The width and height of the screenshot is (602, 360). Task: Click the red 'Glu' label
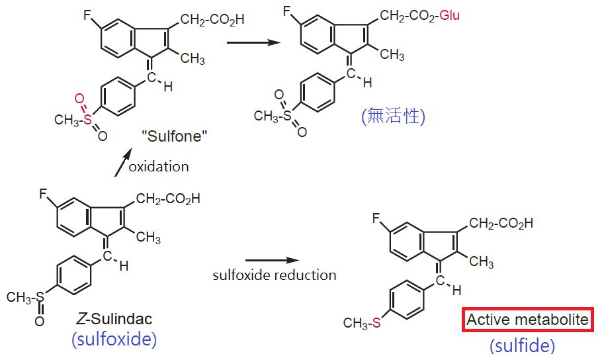tap(450, 15)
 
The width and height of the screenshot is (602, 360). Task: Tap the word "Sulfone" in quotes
tap(174, 136)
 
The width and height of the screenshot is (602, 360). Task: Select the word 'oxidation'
tap(159, 166)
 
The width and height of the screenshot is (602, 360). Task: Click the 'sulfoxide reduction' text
tap(275, 275)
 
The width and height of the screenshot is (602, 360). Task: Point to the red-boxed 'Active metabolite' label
tap(527, 319)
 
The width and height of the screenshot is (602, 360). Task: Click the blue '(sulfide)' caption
tap(522, 345)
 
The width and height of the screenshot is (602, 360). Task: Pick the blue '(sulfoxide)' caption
tap(114, 339)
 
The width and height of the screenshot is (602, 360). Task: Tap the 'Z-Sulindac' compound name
tap(114, 318)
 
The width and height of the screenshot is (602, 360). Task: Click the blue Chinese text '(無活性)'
tap(393, 116)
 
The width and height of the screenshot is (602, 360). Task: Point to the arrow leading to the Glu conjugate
tap(253, 42)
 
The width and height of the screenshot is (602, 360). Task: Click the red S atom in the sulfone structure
tap(88, 119)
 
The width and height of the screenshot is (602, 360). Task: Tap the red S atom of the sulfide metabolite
tap(376, 322)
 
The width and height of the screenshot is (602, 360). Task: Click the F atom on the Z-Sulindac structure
tap(44, 194)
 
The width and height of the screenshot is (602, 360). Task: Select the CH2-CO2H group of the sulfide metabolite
tap(501, 223)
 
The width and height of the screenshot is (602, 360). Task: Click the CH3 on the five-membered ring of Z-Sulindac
tap(148, 237)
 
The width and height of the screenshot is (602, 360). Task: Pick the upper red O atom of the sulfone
tap(79, 99)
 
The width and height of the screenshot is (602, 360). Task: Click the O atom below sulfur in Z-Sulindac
tap(40, 321)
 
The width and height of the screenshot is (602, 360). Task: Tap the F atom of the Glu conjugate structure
tap(287, 11)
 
